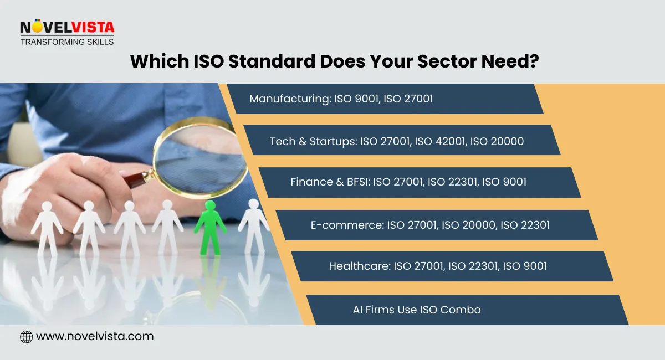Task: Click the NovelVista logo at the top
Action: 66,28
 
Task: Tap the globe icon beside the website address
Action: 26,336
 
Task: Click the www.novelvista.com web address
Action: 94,336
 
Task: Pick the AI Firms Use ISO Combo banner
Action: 417,310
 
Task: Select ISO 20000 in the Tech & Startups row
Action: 497,141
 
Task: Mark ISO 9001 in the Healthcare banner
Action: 524,266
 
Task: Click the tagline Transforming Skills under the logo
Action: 66,42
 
